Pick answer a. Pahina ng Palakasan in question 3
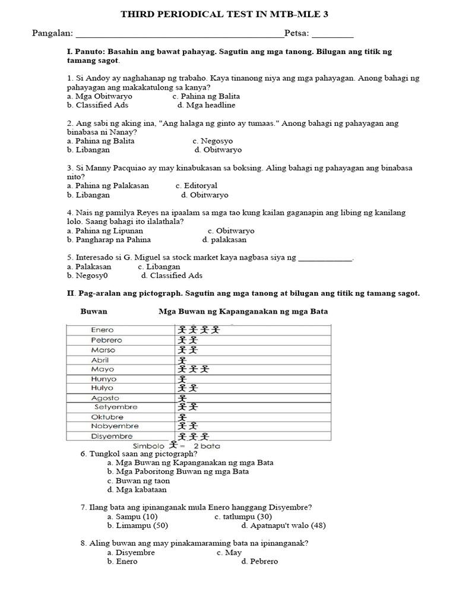[x=108, y=186]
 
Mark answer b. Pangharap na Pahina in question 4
[x=109, y=240]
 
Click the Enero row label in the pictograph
[x=102, y=330]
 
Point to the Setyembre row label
[x=115, y=407]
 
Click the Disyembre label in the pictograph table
[x=112, y=436]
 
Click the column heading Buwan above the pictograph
[x=94, y=311]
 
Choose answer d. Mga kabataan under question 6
[x=137, y=490]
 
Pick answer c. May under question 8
[x=229, y=552]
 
